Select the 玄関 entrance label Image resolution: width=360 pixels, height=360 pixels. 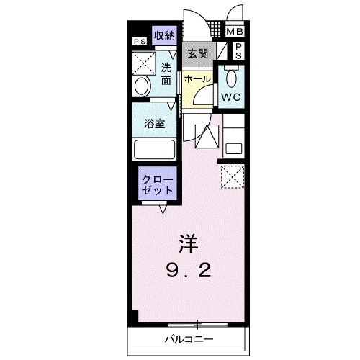tap(197, 53)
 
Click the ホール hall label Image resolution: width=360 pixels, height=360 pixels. tap(197, 78)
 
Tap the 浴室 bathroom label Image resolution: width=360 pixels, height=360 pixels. tap(155, 123)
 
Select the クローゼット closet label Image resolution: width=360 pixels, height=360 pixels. tap(156, 185)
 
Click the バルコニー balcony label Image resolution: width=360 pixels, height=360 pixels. tap(189, 338)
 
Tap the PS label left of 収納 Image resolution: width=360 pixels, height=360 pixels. tap(139, 41)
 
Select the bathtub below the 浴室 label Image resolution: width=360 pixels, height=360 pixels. tap(155, 150)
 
